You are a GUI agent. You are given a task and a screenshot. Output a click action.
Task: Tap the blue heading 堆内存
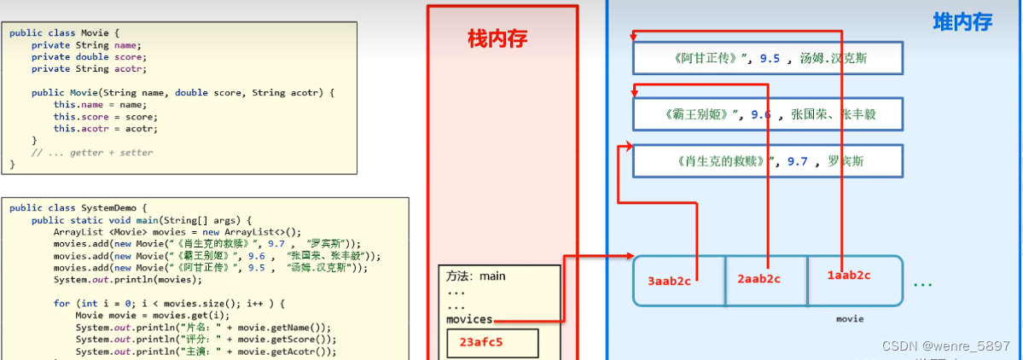pyautogui.click(x=962, y=22)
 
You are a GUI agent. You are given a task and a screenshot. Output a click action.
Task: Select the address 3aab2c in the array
pyautogui.click(x=670, y=279)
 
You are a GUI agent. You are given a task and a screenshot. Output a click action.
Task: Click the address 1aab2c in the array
pyautogui.click(x=849, y=275)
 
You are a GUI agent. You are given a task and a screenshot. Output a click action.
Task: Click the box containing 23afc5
pyautogui.click(x=492, y=344)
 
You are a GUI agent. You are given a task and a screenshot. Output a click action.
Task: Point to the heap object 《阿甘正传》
pyautogui.click(x=767, y=58)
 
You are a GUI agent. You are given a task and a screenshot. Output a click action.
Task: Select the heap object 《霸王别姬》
pyautogui.click(x=767, y=113)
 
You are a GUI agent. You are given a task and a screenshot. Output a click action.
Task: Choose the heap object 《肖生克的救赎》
pyautogui.click(x=767, y=160)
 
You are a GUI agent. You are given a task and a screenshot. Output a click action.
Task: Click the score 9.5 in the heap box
pyautogui.click(x=770, y=58)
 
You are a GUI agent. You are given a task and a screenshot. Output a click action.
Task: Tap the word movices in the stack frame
pyautogui.click(x=469, y=319)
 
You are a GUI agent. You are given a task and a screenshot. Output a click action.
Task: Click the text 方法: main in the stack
pyautogui.click(x=476, y=276)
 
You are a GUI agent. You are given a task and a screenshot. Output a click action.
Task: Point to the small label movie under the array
pyautogui.click(x=849, y=319)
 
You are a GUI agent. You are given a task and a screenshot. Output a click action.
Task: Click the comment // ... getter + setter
pyautogui.click(x=92, y=152)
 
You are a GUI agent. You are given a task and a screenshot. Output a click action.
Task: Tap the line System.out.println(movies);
pyautogui.click(x=127, y=279)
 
